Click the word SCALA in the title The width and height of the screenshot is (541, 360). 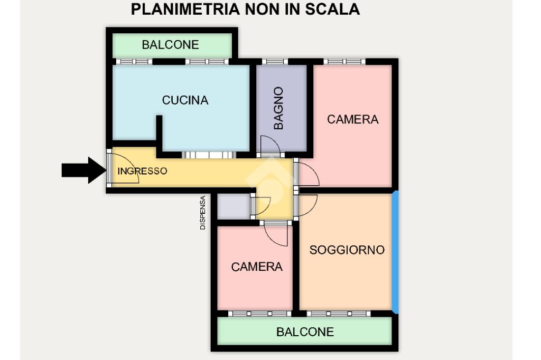[332, 9]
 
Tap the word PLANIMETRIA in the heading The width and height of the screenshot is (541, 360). [185, 9]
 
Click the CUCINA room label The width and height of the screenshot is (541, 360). [185, 100]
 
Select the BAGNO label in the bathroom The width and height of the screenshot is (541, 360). [278, 108]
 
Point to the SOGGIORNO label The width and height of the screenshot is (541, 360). [347, 250]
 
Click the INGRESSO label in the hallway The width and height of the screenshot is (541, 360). [142, 170]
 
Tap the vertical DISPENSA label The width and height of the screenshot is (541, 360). [203, 213]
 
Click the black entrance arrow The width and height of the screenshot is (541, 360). [84, 170]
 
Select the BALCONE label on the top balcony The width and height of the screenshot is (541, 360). [171, 44]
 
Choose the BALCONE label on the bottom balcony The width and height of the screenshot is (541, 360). [305, 331]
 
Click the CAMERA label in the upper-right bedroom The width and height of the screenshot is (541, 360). [352, 119]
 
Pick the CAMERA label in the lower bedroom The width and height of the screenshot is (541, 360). [257, 267]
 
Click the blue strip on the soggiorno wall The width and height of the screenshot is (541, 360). [396, 252]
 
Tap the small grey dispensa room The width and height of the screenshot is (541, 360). [233, 206]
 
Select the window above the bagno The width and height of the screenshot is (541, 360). [275, 62]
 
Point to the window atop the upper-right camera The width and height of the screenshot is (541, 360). [344, 62]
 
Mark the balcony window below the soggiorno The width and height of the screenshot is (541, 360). [339, 314]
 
